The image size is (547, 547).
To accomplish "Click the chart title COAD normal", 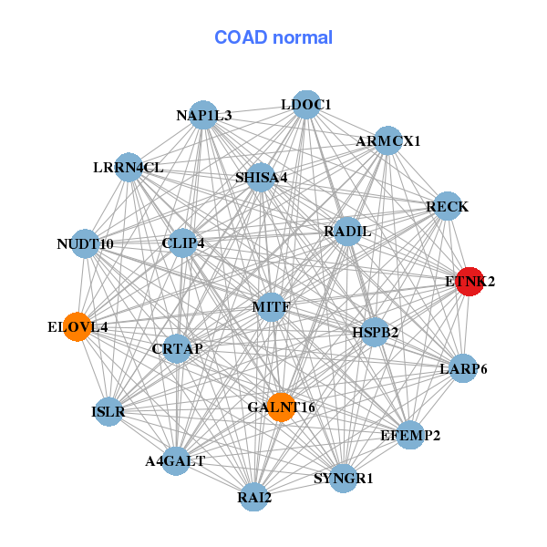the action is point(273,37).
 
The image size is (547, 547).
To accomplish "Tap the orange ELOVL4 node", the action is point(78,326).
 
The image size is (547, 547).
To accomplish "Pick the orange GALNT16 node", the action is point(282,407).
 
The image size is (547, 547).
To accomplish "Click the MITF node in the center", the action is point(272,306).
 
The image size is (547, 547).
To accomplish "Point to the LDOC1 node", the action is point(306,105).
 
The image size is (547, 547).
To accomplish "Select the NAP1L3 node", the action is point(204,115).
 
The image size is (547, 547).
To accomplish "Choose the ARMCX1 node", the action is point(388,140).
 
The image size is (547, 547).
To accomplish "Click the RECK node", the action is point(447,207).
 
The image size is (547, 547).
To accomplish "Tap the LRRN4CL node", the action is point(129,167).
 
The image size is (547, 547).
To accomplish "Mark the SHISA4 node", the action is point(261,177).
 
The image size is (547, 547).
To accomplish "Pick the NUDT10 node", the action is point(85,243).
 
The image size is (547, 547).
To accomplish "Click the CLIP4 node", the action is point(183,243).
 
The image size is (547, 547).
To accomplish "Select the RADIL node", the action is point(347,232).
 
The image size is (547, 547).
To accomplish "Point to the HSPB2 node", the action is point(376,332).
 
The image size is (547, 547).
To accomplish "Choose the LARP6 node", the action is point(463,368).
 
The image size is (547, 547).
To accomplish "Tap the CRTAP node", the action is point(178,348).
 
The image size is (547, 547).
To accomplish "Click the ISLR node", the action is point(108,411).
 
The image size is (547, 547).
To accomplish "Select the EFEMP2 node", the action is point(410,435).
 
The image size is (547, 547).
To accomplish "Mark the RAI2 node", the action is point(254,497).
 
